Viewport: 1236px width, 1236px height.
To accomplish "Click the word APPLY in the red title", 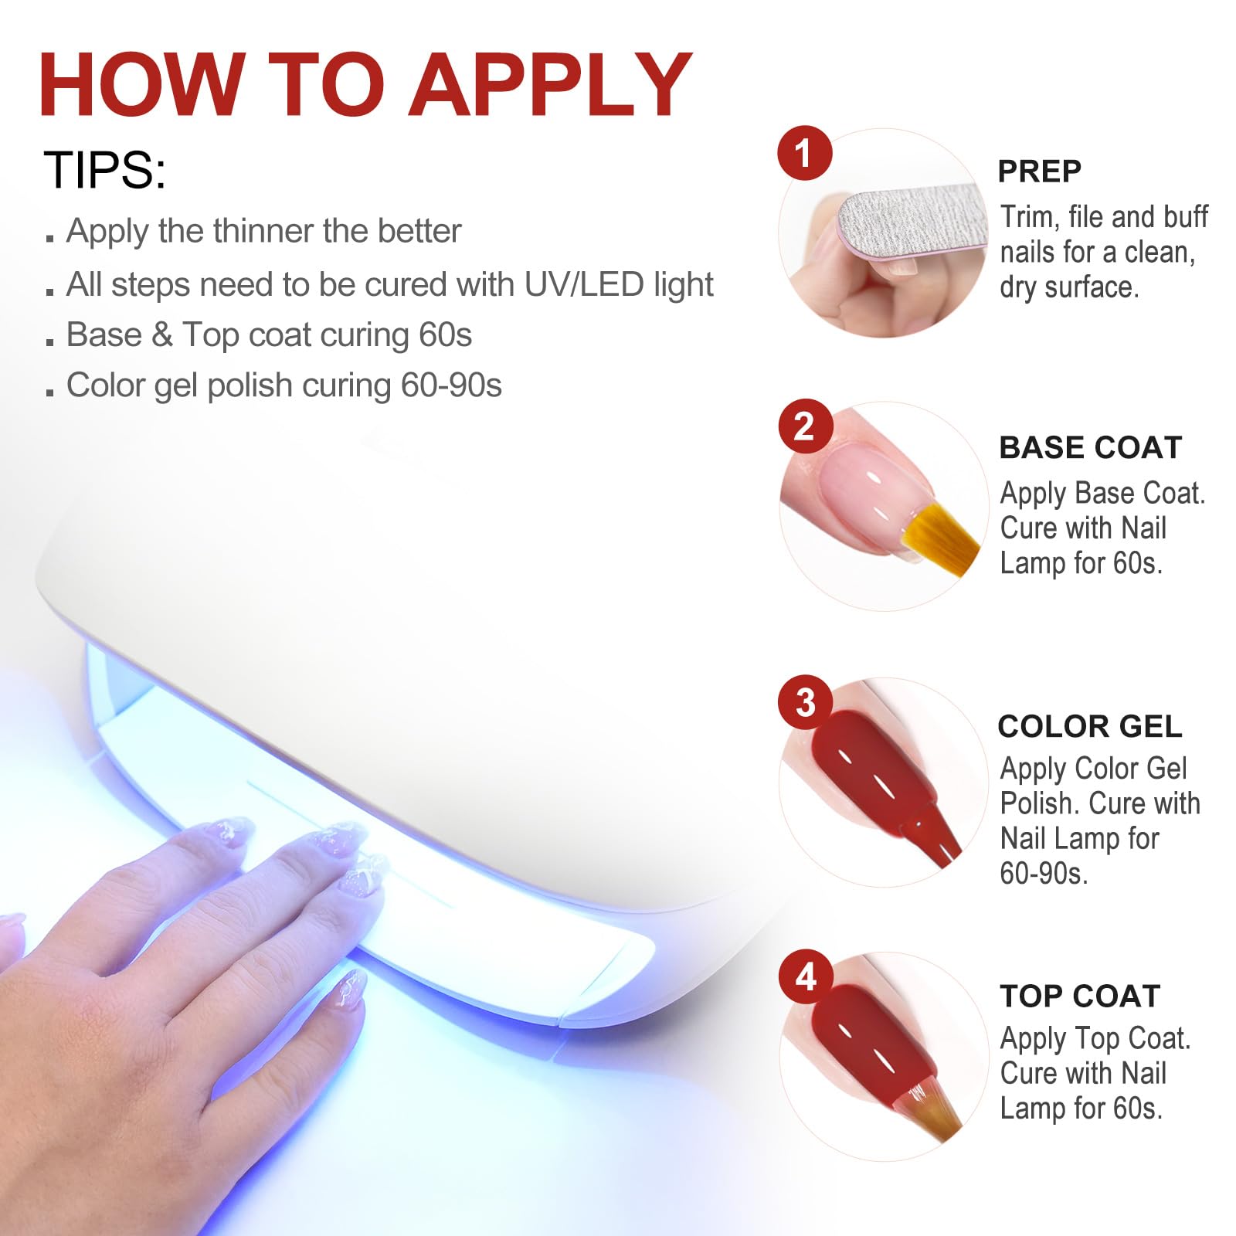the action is [551, 85].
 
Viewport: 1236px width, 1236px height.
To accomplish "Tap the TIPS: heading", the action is [104, 170].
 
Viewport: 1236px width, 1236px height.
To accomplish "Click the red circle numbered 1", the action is [804, 153].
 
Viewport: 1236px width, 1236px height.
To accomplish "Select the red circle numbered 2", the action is [804, 426].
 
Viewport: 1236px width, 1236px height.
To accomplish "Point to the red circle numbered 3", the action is [805, 702].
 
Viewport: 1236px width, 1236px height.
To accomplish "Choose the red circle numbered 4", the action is [805, 976].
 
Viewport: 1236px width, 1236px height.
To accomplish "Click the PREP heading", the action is [1039, 171].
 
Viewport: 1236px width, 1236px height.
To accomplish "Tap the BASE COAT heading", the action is [1091, 447].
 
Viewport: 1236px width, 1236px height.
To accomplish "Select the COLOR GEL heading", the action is [1090, 726].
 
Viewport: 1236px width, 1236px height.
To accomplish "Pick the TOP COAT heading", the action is [1080, 996].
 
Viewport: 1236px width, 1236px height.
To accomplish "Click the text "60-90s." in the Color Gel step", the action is [1044, 873].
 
